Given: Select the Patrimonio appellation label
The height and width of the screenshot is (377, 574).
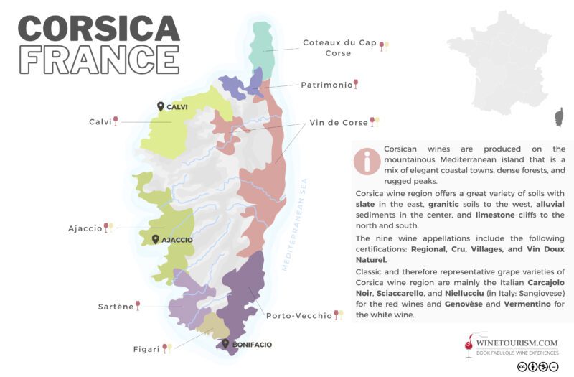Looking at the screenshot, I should click(326, 85).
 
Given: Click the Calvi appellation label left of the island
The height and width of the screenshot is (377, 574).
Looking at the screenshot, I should click(100, 121).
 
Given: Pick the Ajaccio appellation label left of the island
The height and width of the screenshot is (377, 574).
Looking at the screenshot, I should click(85, 228).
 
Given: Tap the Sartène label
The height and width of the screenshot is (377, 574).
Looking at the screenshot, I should click(116, 307).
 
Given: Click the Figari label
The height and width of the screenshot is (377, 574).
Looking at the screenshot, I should click(145, 349).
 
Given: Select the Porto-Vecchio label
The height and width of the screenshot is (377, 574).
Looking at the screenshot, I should click(299, 315).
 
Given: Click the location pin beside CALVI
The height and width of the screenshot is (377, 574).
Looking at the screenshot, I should click(161, 106).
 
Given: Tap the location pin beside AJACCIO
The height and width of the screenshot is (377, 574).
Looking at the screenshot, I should click(155, 239).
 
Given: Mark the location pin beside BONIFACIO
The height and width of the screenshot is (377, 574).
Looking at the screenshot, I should click(225, 344).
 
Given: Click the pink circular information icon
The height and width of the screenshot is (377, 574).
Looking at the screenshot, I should click(367, 162).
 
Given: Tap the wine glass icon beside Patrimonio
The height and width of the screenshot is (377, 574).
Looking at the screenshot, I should click(356, 84).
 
